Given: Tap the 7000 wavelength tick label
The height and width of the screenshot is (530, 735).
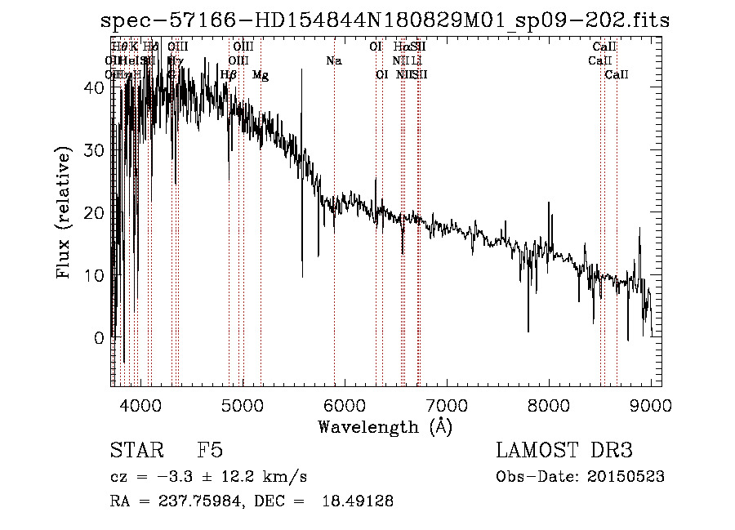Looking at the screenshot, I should coord(446,405).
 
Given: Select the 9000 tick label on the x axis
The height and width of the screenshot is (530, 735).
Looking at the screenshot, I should coord(650,405).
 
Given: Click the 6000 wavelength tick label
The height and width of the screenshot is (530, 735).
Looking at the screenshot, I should coord(344,405).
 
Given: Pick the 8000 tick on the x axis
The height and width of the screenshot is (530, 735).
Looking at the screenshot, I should coord(548,405).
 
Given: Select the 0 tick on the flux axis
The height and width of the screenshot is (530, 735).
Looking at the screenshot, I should coord(99,337).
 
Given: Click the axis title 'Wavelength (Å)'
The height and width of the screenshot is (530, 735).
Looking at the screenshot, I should coord(385,426).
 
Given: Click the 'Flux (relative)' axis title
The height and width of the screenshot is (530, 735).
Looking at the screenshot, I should coord(65,212).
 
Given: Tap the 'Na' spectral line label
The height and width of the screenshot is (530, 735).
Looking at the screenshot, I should coord(333,61).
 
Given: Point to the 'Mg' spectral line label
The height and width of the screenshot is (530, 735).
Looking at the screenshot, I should coord(260,75).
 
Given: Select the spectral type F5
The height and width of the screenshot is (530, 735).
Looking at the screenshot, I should coord(210,452).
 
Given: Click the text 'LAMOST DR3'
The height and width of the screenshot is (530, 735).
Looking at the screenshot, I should coord(564,452).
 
